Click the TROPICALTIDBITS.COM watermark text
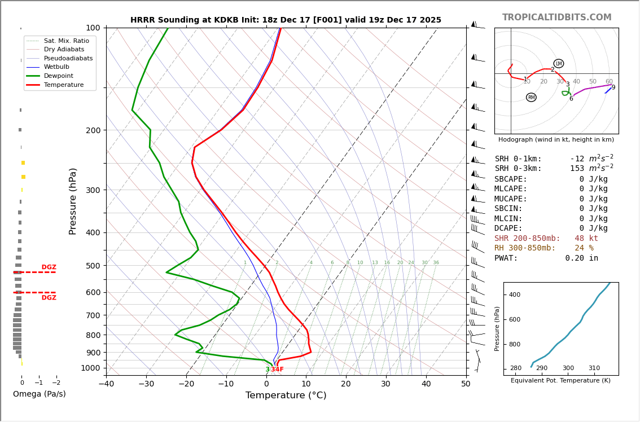click(556, 17)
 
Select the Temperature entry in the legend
click(64, 85)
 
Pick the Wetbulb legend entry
click(58, 67)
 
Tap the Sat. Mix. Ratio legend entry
click(66, 41)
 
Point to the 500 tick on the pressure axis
click(93, 266)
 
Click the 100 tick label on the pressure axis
click(93, 28)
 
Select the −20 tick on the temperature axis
click(186, 384)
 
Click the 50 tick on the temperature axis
click(466, 384)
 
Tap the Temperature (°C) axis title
click(286, 396)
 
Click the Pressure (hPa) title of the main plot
click(73, 201)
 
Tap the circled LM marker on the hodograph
click(558, 64)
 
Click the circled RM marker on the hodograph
click(531, 98)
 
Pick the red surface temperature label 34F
click(277, 370)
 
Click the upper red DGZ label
click(49, 267)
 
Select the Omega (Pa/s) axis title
click(39, 394)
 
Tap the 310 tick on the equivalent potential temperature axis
click(594, 368)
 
